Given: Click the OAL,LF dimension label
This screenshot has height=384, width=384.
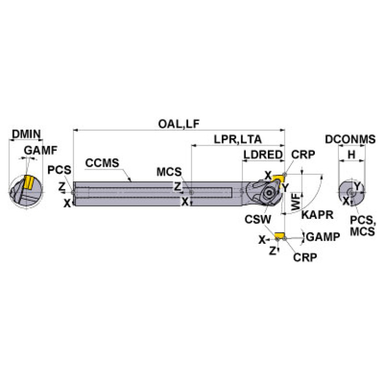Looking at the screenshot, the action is [179, 124].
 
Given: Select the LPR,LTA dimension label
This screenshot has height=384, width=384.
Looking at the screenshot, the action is [238, 139].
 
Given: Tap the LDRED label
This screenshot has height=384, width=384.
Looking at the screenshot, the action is [263, 155].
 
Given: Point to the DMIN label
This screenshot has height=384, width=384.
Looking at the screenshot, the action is [26, 134].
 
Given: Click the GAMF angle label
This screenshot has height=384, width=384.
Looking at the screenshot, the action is [41, 150].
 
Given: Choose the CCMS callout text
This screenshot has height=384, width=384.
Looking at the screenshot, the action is [102, 163].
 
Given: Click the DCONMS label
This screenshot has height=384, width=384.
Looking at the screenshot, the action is [350, 139].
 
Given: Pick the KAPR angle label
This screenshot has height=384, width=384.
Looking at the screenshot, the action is [317, 215].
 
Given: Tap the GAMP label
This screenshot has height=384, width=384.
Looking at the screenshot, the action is [323, 237].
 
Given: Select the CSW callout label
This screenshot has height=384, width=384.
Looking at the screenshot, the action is [258, 219].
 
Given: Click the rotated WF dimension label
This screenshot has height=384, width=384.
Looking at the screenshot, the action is [296, 202].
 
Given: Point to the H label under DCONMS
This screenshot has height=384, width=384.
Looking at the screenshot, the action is [351, 155].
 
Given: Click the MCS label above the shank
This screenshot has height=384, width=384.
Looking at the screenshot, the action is [169, 172].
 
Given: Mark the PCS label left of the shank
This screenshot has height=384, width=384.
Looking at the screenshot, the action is [59, 170].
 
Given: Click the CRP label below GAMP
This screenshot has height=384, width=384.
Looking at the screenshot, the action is [305, 257].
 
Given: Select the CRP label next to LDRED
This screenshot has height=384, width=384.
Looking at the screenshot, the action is [303, 155].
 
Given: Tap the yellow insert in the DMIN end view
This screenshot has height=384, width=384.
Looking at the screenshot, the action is [29, 182].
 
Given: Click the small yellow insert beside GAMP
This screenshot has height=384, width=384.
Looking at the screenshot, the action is [279, 235].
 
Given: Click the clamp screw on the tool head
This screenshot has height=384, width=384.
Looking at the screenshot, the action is [269, 193].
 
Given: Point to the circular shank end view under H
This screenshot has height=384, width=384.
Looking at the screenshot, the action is [351, 192].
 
